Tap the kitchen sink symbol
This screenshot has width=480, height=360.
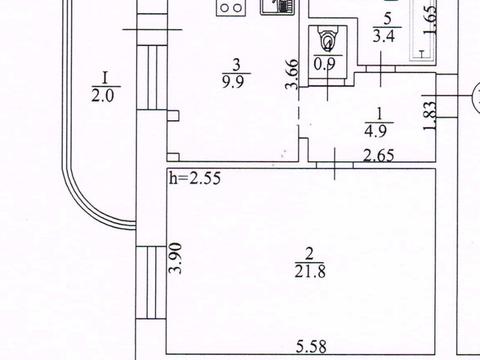pyautogui.click(x=274, y=5)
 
